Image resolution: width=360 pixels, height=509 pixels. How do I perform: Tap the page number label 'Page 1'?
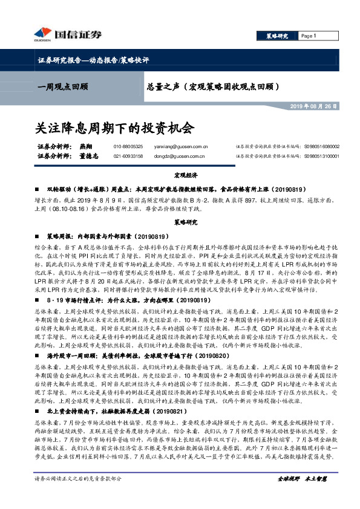309,36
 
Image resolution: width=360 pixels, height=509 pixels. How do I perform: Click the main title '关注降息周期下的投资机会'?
114,128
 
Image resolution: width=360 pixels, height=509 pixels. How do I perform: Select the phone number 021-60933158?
128,156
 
